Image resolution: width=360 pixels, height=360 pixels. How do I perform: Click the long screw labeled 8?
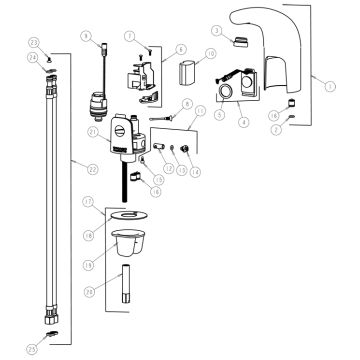coord(164,119)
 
